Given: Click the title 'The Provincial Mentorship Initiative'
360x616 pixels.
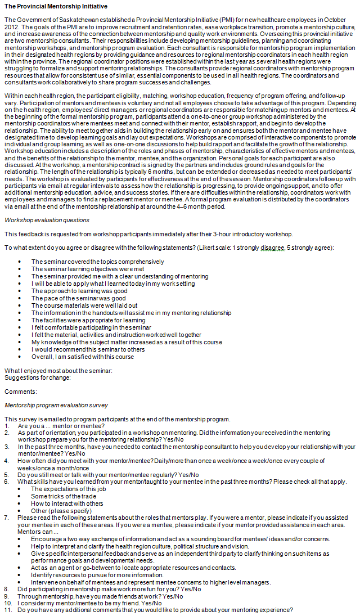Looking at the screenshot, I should (55, 6).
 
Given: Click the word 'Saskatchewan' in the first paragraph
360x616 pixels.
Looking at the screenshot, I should (70, 20).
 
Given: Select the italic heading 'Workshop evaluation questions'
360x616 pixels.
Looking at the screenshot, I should (47, 219).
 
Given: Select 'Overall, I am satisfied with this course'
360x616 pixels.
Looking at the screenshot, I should (83, 357).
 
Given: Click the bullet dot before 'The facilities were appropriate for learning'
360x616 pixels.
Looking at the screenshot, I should (20, 320).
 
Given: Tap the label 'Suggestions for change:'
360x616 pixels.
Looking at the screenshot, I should (37, 377).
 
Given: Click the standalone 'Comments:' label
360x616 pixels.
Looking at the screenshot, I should (20, 391).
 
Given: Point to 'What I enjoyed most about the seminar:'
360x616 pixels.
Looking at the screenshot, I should (58, 370).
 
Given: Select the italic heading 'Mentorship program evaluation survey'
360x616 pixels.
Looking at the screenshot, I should (56, 405).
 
